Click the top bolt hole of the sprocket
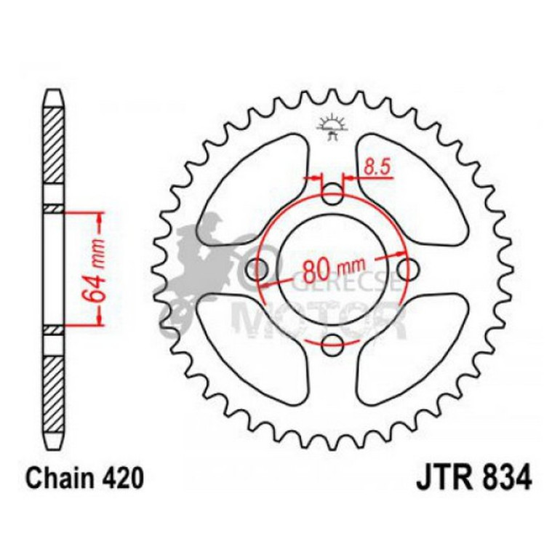pos(332,195)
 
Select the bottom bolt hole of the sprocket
pos(332,345)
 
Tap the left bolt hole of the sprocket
pos(257,270)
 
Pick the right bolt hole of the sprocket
pos(407,270)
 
